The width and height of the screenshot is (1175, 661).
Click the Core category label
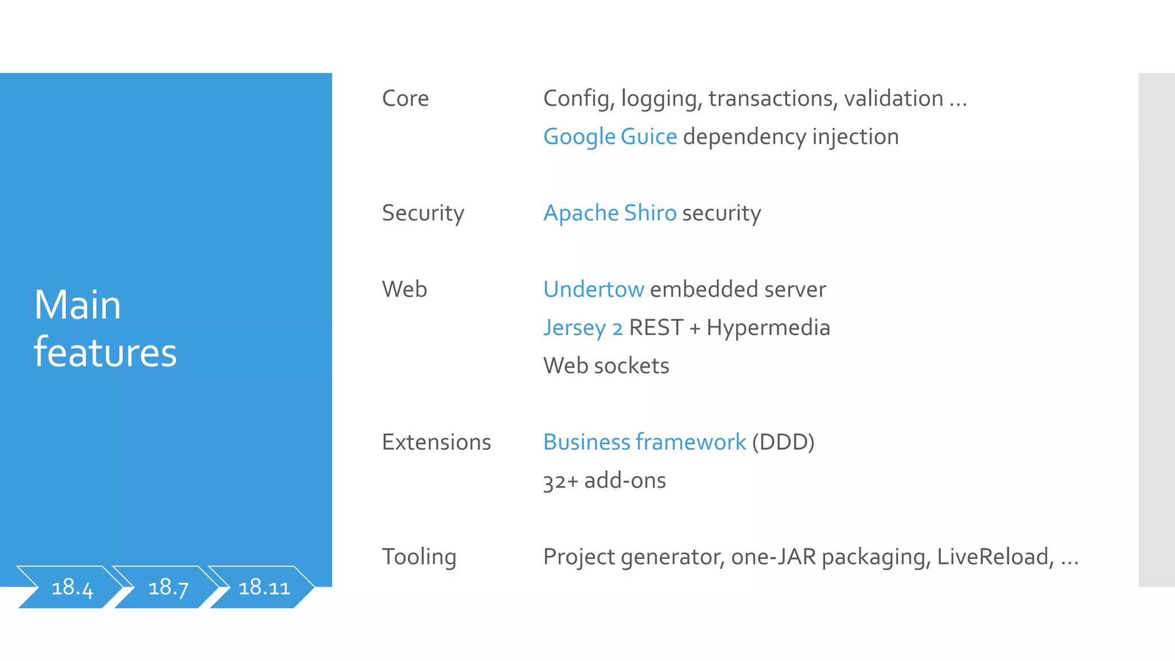pos(405,99)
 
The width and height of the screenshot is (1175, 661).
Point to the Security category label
pos(423,213)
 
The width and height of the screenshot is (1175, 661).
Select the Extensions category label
pos(436,442)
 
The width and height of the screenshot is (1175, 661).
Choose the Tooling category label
pos(419,557)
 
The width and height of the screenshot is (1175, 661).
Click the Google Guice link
pos(610,137)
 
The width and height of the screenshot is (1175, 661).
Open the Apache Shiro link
pos(610,213)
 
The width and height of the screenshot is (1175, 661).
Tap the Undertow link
pos(593,290)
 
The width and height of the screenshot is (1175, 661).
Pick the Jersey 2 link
pos(582,328)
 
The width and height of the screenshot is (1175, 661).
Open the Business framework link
pos(644,442)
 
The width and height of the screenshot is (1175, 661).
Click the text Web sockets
pos(606,366)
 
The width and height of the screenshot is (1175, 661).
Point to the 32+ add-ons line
pos(604,481)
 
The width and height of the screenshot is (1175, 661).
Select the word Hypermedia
pos(768,328)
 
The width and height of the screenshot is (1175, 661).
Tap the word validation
pos(893,99)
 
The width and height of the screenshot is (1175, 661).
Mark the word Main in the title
pos(77,305)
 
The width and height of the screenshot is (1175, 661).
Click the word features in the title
pos(105,352)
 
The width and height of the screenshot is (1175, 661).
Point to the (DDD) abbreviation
pos(783,442)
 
